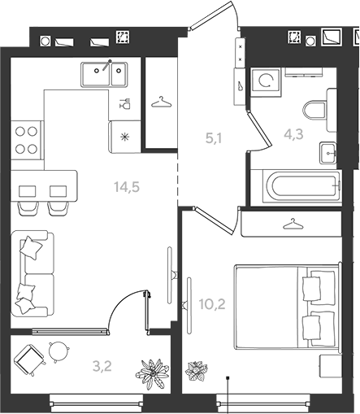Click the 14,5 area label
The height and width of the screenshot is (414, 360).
(127, 187)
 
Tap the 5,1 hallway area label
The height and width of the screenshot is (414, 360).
(214, 138)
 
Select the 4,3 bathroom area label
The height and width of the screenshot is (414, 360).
(293, 134)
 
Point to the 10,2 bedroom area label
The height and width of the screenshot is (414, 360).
(212, 304)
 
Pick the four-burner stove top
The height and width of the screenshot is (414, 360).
(26, 140)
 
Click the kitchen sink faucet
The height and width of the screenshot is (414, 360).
(106, 65)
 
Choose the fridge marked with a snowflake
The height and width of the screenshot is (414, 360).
(124, 137)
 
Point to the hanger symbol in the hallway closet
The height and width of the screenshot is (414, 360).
(162, 102)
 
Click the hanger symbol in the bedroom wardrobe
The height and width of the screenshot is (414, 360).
(293, 224)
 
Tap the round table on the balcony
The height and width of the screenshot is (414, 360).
(59, 351)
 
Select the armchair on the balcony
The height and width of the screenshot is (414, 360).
(29, 359)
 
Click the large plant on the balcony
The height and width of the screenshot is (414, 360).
(152, 373)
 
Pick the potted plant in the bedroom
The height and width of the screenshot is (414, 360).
(194, 371)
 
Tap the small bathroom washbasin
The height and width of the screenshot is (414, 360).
(327, 153)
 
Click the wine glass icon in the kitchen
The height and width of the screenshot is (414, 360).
(125, 103)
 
